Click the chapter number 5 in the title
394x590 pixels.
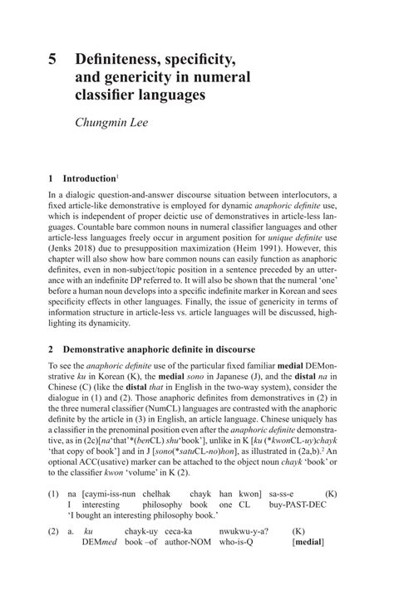point(52,60)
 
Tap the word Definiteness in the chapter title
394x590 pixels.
point(119,60)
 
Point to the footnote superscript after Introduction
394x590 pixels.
point(117,176)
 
